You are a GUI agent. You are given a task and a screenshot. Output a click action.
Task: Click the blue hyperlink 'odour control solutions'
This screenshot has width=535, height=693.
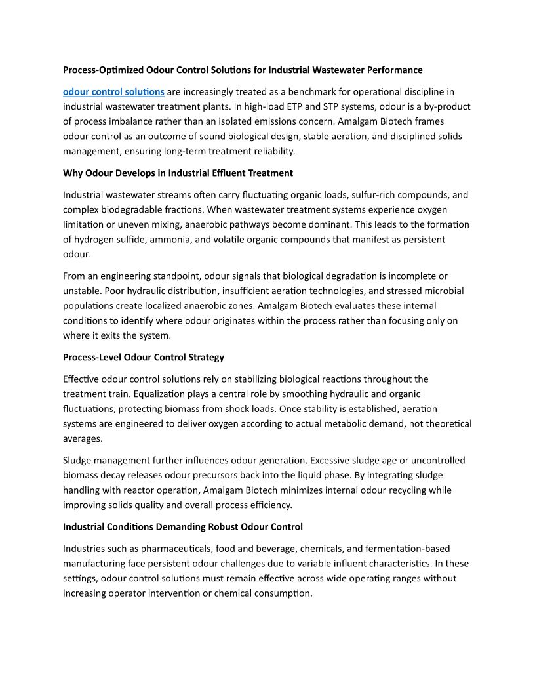tap(113, 91)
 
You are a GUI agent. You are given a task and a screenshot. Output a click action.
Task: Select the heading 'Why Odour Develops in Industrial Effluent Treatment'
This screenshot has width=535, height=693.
tap(178, 173)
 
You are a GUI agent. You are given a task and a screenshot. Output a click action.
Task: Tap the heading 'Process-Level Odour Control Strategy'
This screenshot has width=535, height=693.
tap(144, 357)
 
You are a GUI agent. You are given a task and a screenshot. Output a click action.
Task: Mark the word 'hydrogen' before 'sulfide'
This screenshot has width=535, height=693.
tap(94, 240)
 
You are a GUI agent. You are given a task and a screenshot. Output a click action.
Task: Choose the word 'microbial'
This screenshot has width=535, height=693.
tap(445, 291)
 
